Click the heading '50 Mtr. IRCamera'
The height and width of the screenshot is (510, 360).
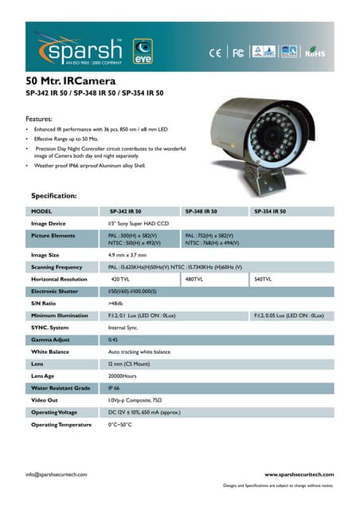coord(72,81)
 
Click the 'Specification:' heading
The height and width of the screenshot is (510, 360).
coord(53,194)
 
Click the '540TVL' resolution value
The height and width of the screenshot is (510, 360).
coord(262,280)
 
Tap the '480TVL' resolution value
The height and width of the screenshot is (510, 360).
coord(194,280)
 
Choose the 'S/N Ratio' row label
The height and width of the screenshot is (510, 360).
coord(43,304)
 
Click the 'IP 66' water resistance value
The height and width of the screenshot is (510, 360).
coord(114,388)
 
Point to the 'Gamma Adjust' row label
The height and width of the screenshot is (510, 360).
coord(50,339)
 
